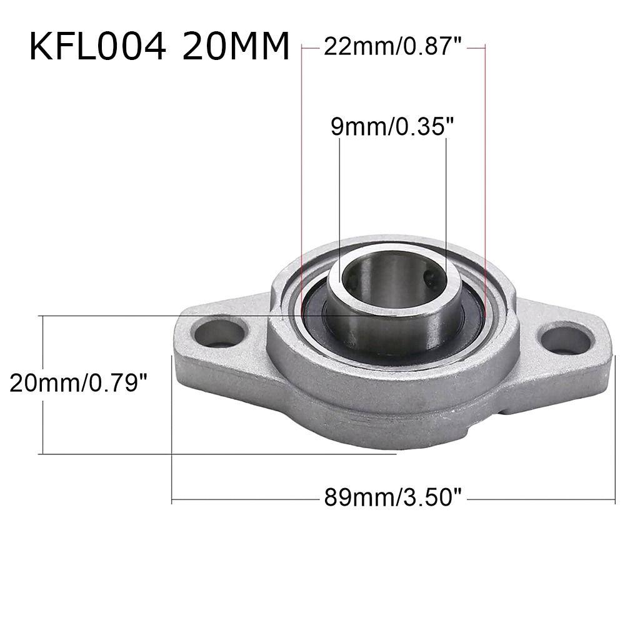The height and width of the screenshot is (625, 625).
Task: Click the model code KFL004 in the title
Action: coord(97,47)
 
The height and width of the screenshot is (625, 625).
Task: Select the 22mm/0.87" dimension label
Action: coord(392,47)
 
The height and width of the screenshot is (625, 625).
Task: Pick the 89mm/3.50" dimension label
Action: coord(392,499)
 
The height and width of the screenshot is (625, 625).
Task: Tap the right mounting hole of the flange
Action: coord(565,340)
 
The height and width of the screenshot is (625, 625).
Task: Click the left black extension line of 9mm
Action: coord(339,200)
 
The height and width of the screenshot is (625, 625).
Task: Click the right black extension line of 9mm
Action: coord(446,200)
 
